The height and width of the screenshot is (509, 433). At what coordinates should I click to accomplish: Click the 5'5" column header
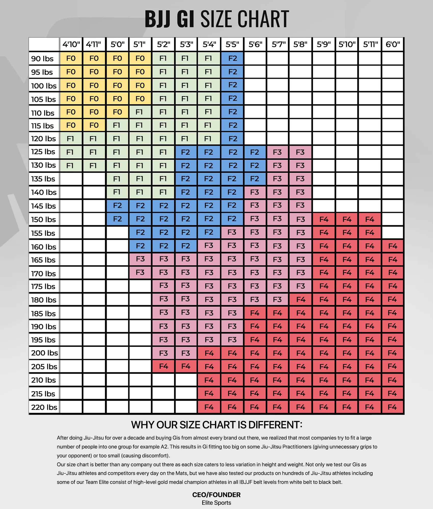(232, 45)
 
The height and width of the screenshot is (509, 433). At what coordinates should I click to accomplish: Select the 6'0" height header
(393, 45)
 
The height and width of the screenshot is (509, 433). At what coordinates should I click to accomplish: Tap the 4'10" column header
(71, 45)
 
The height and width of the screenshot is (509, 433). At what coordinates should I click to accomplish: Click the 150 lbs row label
(44, 219)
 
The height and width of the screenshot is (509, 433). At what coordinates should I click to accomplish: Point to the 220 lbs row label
(44, 407)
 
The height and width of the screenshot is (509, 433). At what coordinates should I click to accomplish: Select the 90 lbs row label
(42, 59)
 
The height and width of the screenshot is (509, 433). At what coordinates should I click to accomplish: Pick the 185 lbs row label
(44, 314)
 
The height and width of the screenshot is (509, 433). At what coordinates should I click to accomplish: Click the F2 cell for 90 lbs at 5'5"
(232, 59)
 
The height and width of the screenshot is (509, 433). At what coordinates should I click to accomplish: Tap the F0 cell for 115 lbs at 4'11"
(94, 125)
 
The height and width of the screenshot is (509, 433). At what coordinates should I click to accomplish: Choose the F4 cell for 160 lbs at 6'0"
(393, 246)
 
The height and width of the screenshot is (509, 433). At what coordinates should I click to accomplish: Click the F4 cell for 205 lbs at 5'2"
(163, 366)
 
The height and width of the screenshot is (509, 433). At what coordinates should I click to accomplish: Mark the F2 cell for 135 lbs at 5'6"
(254, 179)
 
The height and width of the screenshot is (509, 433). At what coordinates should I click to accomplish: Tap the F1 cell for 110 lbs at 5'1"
(140, 112)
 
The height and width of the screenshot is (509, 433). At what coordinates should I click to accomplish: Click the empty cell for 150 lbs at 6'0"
(393, 219)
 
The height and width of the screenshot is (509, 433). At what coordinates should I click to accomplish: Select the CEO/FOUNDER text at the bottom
(216, 495)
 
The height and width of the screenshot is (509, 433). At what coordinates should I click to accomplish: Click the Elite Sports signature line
(216, 503)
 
